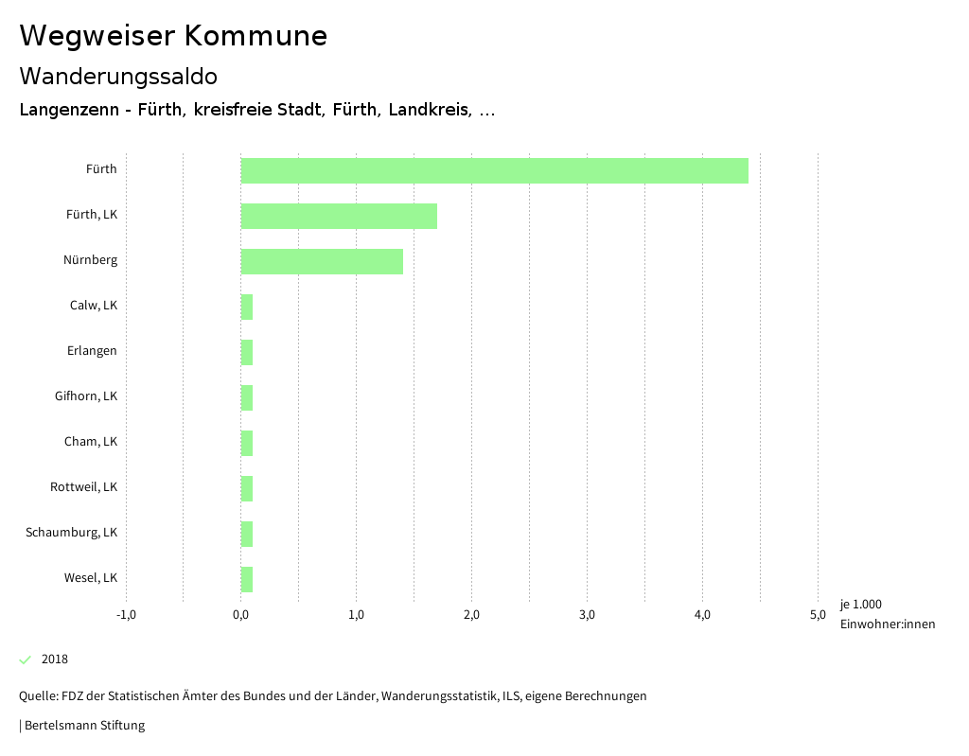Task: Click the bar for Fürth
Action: coord(494,170)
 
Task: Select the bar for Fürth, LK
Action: coord(339,216)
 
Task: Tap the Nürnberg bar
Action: coord(322,261)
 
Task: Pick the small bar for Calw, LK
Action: coord(247,307)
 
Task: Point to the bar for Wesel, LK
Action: coord(247,579)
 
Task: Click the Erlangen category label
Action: coord(92,351)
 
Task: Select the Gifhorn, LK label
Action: coord(86,396)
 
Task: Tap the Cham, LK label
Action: coord(91,442)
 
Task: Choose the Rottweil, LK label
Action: coord(84,487)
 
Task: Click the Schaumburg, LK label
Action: coord(72,533)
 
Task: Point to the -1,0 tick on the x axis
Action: coord(126,615)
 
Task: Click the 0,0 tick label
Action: coord(241,615)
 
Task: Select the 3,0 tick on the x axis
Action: coord(587,615)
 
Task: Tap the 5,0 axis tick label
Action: coord(818,615)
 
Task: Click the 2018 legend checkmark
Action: coord(26,659)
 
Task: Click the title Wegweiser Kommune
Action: coord(173,36)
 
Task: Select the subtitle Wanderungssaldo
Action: coord(118,76)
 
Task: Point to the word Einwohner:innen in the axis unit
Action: coord(887,624)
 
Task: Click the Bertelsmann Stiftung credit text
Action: coord(84,726)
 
